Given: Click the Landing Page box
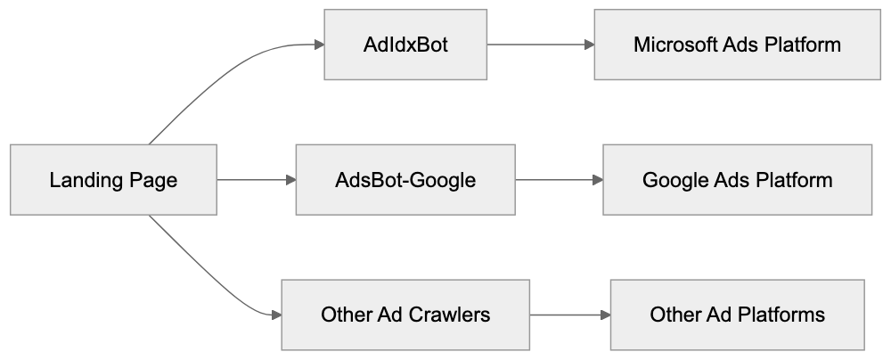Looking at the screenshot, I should [x=113, y=180].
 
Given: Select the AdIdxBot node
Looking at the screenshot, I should [x=405, y=45].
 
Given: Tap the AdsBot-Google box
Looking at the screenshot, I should [x=405, y=180].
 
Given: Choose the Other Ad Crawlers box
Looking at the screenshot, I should [x=405, y=315].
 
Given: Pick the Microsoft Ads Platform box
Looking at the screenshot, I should [x=737, y=45].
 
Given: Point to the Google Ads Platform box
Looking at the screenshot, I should [x=737, y=180].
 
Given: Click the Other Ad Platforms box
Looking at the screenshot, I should [x=737, y=315].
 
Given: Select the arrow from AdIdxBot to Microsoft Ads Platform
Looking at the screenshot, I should [x=540, y=45].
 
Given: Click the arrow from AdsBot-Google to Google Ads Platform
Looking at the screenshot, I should [x=558, y=180].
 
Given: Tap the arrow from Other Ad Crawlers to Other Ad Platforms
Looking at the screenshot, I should [x=569, y=315].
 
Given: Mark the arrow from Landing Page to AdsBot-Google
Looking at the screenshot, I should [x=255, y=180].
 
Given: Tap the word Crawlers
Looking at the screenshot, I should [x=446, y=315].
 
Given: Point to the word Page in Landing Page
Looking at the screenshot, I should [x=153, y=180].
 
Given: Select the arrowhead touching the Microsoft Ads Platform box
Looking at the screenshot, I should [x=588, y=45].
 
